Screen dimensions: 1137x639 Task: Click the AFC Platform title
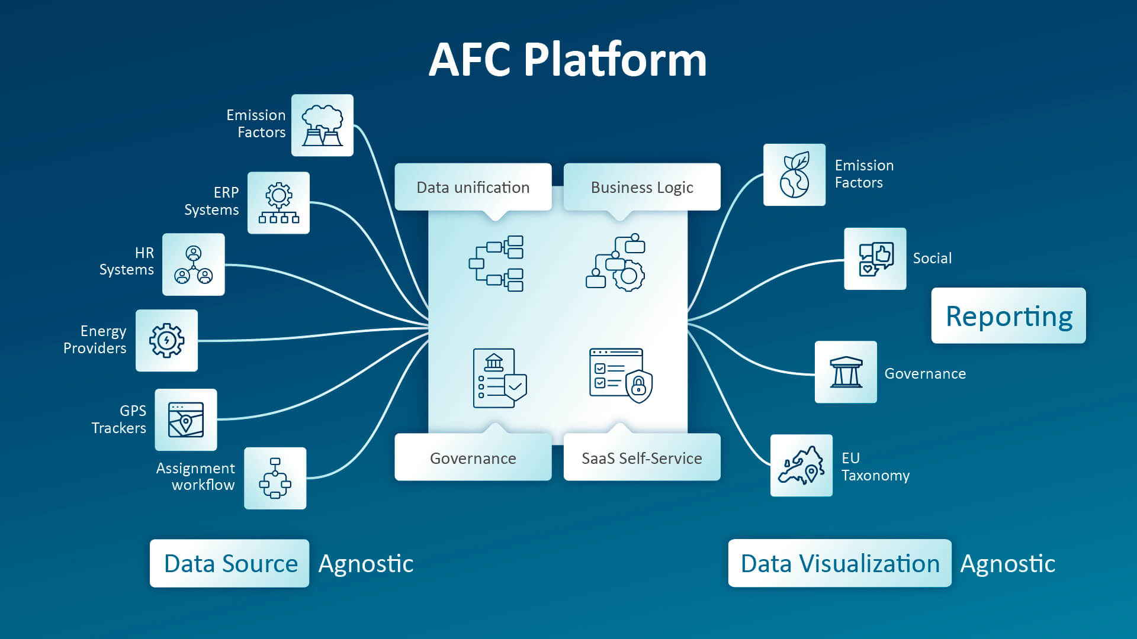pyautogui.click(x=567, y=60)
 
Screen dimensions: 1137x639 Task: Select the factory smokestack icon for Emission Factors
pyautogui.click(x=322, y=125)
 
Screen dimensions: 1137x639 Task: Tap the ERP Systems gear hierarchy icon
pyautogui.click(x=278, y=203)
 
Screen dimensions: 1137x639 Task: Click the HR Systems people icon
pyautogui.click(x=194, y=264)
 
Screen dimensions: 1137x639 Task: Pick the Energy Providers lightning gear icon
pyautogui.click(x=166, y=341)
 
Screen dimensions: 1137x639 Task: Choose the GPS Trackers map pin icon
pyautogui.click(x=186, y=419)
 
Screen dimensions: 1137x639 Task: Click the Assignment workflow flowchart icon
pyautogui.click(x=275, y=478)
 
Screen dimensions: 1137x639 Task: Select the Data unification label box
pyautogui.click(x=473, y=187)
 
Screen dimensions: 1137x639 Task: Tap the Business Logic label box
pyautogui.click(x=642, y=187)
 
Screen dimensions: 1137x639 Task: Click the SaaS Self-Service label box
pyautogui.click(x=642, y=457)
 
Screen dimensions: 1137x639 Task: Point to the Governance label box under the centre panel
pyautogui.click(x=473, y=457)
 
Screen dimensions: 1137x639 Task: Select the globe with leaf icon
pyautogui.click(x=794, y=175)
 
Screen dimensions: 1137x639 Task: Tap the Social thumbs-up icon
pyautogui.click(x=875, y=259)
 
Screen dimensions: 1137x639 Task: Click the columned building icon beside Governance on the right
pyautogui.click(x=846, y=372)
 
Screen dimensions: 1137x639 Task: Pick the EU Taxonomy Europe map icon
pyautogui.click(x=801, y=466)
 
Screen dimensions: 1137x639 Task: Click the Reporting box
pyautogui.click(x=1008, y=315)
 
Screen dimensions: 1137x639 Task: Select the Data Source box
pyautogui.click(x=230, y=563)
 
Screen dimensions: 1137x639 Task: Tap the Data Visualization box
pyautogui.click(x=840, y=563)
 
